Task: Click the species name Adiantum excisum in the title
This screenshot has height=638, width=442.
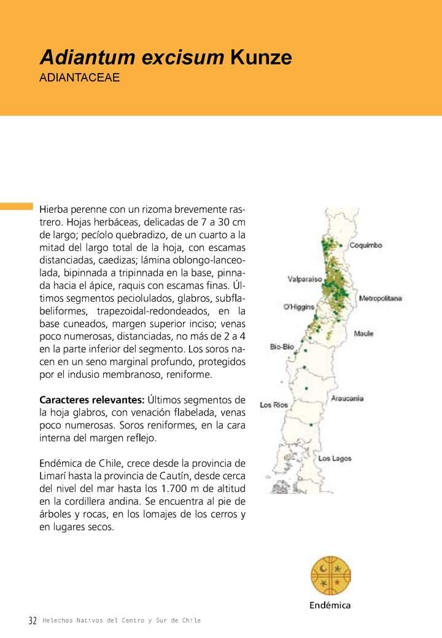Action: click(x=131, y=58)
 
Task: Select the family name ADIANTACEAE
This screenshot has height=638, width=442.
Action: click(x=79, y=79)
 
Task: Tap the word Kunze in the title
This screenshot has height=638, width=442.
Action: click(x=260, y=58)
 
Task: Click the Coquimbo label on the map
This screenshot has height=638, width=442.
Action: click(x=366, y=245)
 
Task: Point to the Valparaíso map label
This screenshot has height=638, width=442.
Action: click(x=304, y=279)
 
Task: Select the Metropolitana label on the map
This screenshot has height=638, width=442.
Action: click(x=380, y=298)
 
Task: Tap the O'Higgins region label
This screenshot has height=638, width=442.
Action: click(x=298, y=307)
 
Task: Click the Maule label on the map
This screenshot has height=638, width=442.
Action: click(x=363, y=334)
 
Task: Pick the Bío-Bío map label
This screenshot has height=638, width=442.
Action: click(x=282, y=347)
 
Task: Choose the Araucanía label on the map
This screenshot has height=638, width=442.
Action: click(x=347, y=399)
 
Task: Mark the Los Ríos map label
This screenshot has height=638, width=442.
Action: click(x=274, y=405)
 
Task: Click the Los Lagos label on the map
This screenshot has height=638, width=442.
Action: click(x=335, y=459)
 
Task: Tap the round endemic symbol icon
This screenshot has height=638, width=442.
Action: click(x=330, y=576)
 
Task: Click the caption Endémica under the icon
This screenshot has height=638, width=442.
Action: click(x=330, y=605)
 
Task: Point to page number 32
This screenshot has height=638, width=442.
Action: click(x=33, y=621)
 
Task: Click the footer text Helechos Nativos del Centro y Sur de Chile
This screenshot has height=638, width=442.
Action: click(x=122, y=621)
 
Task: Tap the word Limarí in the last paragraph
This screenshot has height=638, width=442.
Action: click(x=54, y=475)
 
